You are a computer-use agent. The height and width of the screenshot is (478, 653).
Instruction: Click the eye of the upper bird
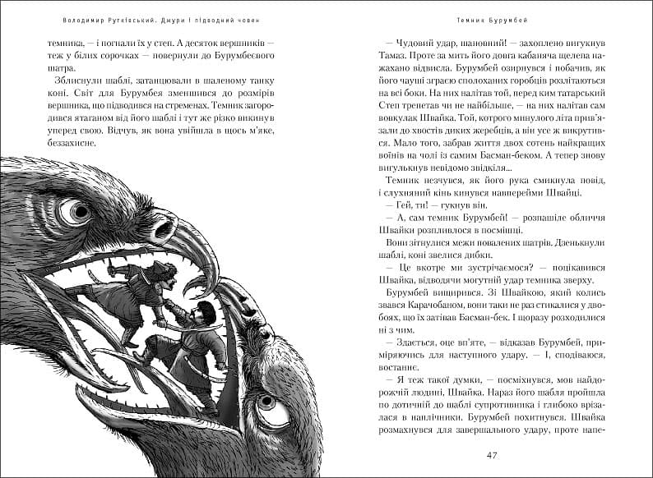(79, 212)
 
